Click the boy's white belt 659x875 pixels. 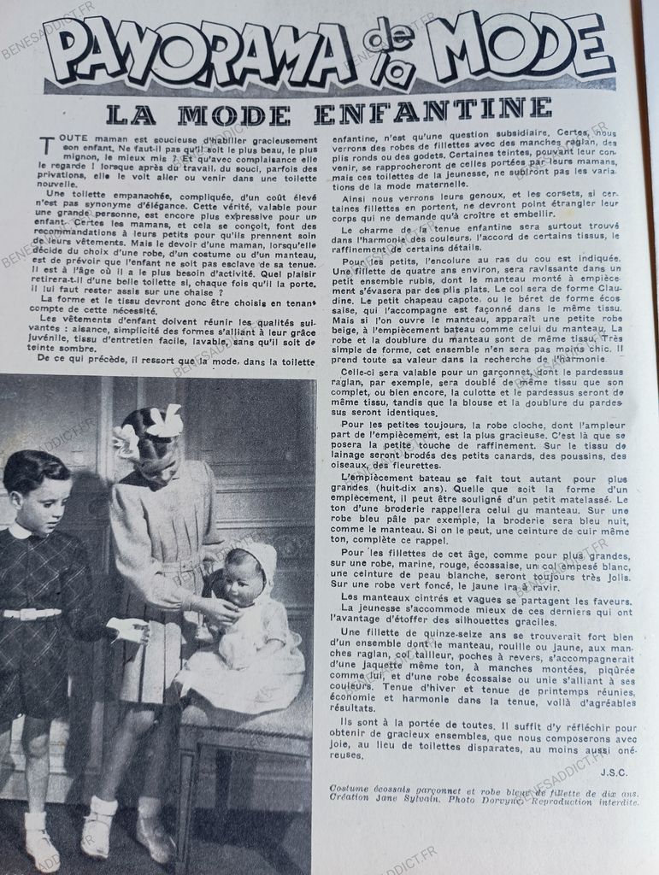coord(32,613)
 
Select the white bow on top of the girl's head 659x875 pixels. coord(165,421)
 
